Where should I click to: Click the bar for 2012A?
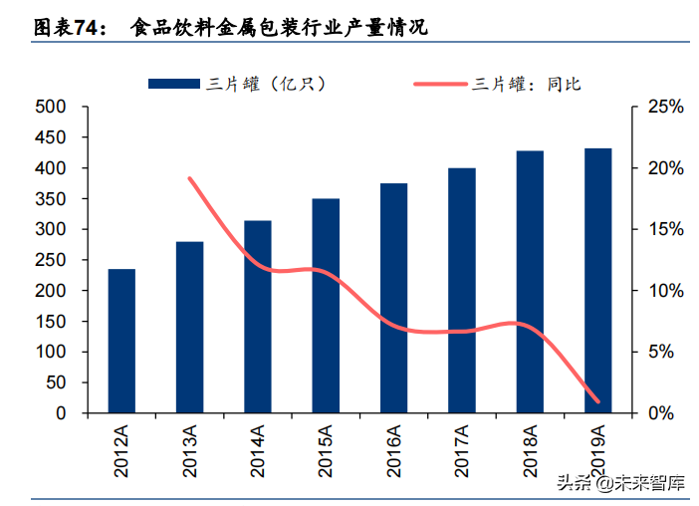[x=121, y=341]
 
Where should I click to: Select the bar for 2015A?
[x=326, y=306]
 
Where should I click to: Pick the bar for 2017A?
[x=462, y=290]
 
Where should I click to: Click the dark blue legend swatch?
[x=176, y=84]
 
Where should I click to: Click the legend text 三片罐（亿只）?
[x=268, y=84]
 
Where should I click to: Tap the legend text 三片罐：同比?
[x=527, y=84]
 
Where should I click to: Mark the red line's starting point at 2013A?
[x=189, y=178]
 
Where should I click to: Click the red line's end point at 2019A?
[x=597, y=401]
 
